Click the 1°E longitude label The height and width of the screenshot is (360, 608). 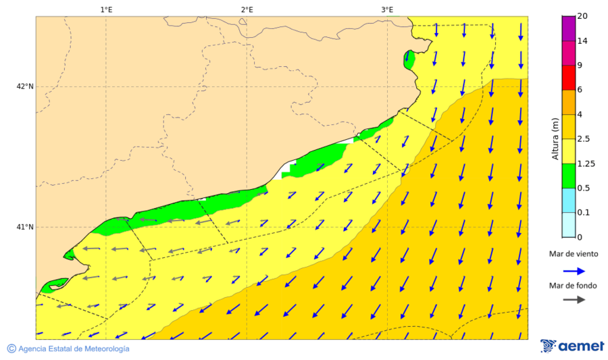106,9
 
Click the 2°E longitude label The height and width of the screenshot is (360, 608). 247,9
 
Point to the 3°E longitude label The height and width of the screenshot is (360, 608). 387,9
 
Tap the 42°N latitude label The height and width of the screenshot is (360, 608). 25,86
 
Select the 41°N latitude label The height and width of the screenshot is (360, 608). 25,227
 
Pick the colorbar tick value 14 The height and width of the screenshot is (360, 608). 582,41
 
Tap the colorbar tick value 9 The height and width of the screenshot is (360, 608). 580,66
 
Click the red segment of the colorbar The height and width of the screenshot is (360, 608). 568,78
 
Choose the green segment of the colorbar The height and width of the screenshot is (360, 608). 568,176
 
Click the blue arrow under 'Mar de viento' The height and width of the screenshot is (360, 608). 574,271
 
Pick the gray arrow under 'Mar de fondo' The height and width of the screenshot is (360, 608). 574,299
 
